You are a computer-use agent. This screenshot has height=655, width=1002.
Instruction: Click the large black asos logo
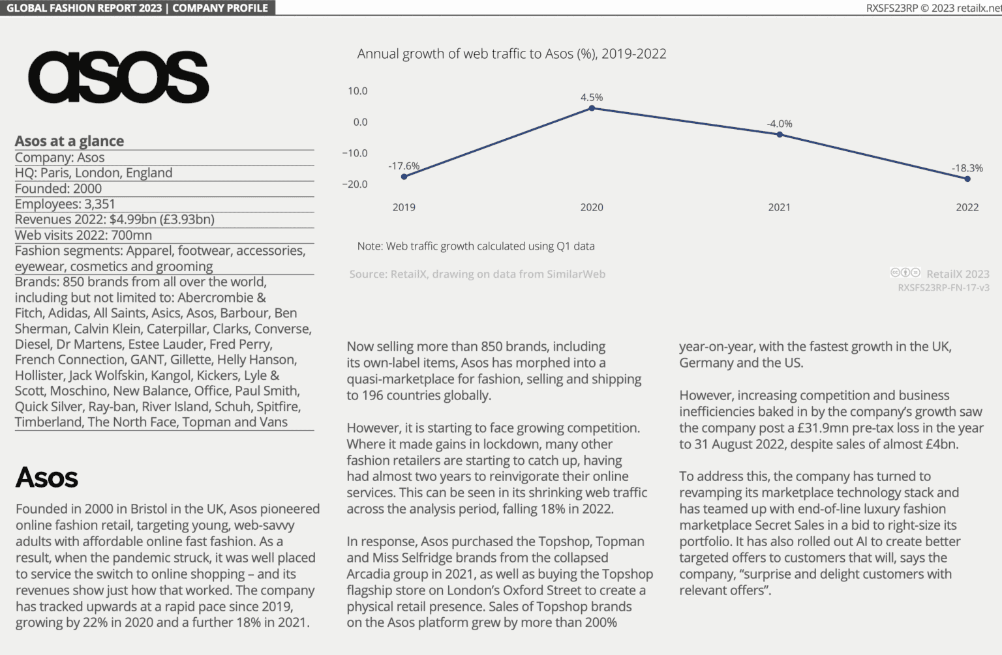point(118,78)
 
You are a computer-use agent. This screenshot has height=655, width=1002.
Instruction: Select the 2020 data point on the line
point(592,108)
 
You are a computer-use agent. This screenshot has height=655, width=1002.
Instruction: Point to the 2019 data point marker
point(404,177)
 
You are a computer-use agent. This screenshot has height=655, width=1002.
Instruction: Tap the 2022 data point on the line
point(967,179)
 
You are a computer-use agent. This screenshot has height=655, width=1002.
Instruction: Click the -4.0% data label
point(779,124)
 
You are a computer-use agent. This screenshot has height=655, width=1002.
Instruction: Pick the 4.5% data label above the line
point(592,97)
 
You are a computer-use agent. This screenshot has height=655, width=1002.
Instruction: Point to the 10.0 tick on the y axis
point(357,91)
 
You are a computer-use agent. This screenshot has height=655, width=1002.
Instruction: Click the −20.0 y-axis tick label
point(355,184)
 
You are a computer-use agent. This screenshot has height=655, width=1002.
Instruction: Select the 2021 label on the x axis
point(779,207)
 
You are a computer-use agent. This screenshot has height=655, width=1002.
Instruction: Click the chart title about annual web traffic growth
point(511,54)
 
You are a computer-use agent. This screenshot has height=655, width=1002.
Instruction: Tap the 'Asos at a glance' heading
point(69,141)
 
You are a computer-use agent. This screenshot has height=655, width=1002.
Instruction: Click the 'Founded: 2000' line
point(58,188)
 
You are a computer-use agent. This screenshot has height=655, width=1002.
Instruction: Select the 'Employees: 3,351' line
point(65,204)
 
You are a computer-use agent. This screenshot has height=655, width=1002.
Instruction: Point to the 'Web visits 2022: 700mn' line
point(83,235)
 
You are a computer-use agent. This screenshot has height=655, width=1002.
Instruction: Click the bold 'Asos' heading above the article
point(47,478)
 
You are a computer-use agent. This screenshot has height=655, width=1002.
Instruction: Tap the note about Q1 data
point(476,246)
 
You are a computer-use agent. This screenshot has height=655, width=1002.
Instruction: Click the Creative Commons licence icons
point(905,273)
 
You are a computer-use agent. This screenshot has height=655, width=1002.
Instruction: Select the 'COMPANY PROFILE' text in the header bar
point(220,8)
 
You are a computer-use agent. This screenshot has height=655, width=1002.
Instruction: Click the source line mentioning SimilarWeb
point(477,274)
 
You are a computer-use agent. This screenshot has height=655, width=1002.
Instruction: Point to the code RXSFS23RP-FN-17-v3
point(943,287)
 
